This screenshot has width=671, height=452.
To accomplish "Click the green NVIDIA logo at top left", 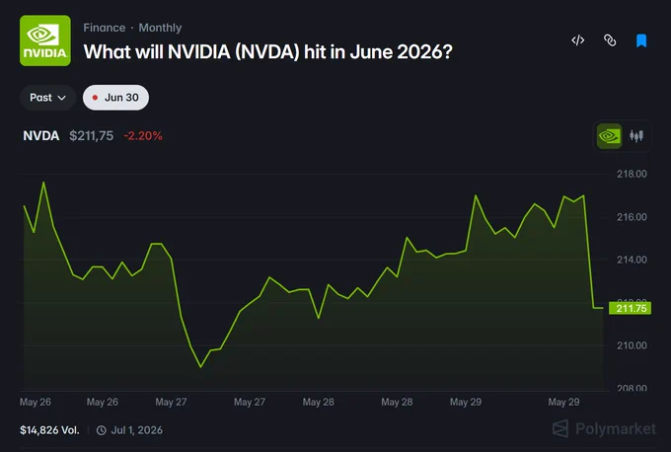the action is tap(45, 40).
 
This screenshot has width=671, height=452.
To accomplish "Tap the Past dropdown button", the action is tap(47, 98).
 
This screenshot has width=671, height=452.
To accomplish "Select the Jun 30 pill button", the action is tap(115, 98).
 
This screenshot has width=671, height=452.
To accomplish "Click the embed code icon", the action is tap(577, 40).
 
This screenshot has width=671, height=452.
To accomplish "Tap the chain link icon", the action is tap(610, 40).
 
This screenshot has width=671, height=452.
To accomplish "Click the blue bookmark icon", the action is tap(641, 40).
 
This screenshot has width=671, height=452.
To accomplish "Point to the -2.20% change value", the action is tap(143, 136).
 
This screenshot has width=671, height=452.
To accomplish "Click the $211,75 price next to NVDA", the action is tap(91, 136).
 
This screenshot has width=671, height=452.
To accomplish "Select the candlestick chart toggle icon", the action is tap(636, 136).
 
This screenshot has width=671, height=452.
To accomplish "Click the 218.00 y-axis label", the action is tap(632, 174).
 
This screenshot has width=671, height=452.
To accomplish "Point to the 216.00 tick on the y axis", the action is tap(632, 217).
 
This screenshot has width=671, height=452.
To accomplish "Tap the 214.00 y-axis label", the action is tap(632, 260).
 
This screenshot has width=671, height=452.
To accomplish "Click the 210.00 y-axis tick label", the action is tap(632, 345).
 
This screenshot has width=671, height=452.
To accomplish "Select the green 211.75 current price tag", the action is tap(630, 308).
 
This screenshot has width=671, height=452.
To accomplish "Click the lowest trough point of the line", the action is tap(200, 367).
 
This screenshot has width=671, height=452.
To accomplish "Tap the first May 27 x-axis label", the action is tap(171, 402).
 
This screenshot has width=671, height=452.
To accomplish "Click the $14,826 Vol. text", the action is tap(49, 430).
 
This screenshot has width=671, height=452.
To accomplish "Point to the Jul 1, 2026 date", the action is tap(137, 430).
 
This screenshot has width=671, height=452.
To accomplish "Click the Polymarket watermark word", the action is tap(616, 428).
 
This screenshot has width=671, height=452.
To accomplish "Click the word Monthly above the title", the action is tap(160, 28).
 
